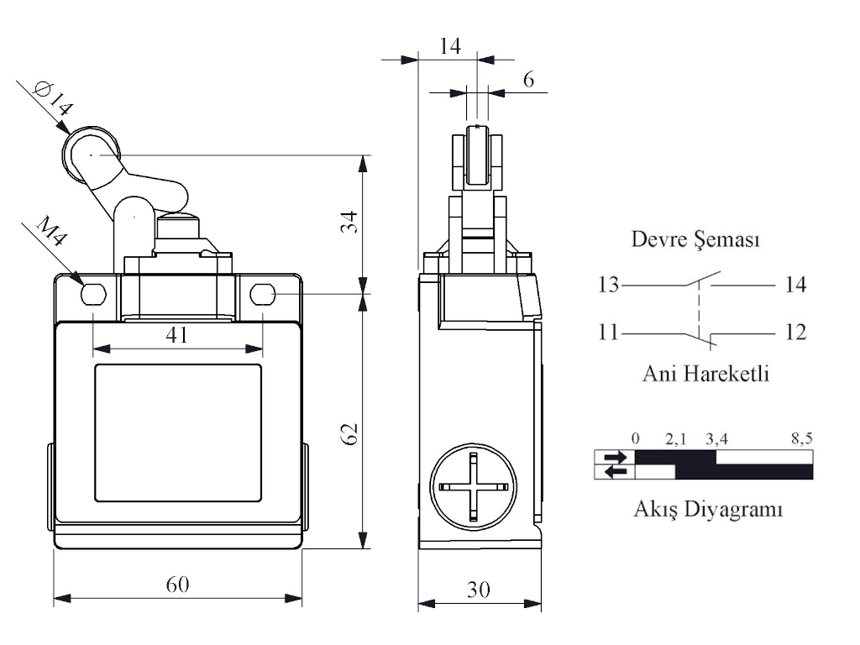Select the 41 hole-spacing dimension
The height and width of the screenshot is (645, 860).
176,334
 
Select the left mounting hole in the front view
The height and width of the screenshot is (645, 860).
93,294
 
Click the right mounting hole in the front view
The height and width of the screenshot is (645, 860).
262,294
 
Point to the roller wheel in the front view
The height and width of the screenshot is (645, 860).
92,155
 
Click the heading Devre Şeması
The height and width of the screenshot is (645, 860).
695,241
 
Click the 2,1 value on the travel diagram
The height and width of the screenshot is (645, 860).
677,438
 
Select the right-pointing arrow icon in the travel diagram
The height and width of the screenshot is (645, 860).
614,457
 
